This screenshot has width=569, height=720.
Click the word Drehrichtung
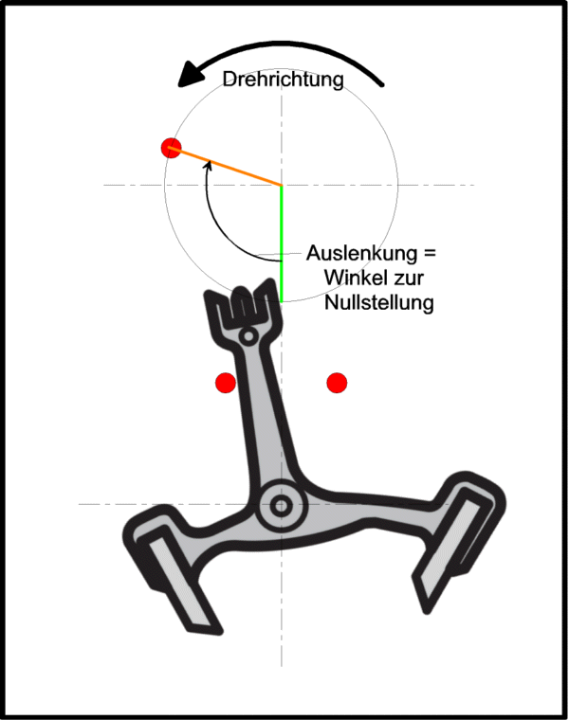pos(284,80)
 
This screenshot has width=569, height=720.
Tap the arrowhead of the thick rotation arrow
pos(191,75)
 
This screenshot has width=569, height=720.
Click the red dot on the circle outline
pos(171,148)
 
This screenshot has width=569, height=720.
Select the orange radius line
pos(226,166)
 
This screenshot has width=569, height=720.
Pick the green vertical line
pos(282,243)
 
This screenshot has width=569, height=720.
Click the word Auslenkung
pos(361,254)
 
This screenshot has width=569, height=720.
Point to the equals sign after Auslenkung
pos(430,253)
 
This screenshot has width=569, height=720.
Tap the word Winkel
pos(353,278)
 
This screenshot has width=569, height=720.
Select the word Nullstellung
pos(379,302)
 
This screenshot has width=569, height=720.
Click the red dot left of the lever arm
pos(226,383)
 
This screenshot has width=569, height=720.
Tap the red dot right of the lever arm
pos(337,383)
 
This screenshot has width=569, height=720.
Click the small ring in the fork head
pos(248,336)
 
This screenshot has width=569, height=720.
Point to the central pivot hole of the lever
pos(281,506)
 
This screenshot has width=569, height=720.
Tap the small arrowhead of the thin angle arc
pos(209,165)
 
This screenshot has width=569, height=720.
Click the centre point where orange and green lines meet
pos(282,186)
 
